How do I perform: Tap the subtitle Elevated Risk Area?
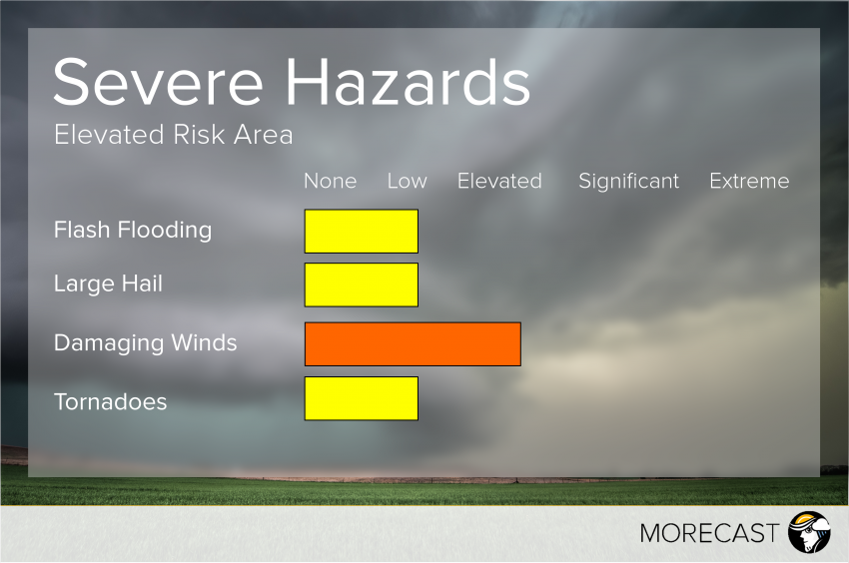[174, 135]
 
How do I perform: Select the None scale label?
[330, 181]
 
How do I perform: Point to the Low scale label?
[407, 181]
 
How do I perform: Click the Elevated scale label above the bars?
[499, 181]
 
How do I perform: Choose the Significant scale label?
[628, 181]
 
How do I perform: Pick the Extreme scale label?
[749, 181]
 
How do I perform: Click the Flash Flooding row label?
[133, 231]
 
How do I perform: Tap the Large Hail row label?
[108, 284]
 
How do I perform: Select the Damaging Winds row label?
[145, 343]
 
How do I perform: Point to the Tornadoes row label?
[110, 402]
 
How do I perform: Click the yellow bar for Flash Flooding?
[361, 231]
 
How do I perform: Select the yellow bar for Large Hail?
[361, 284]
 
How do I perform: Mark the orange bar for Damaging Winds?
[413, 344]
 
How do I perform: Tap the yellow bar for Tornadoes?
[361, 398]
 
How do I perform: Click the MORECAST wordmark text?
[708, 533]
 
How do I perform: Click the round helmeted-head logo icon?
[809, 532]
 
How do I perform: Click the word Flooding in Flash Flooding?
[165, 231]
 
